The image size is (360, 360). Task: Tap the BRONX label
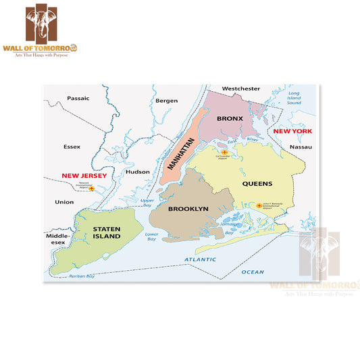(230, 118)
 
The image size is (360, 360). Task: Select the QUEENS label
(257, 183)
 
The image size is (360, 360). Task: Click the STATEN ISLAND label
(107, 233)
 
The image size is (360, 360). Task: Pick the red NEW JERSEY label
(85, 176)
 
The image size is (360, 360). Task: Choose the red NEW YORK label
(292, 130)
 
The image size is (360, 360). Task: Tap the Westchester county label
(241, 88)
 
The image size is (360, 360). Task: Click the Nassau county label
(301, 147)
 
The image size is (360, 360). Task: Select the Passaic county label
(78, 98)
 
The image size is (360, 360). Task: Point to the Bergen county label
(166, 101)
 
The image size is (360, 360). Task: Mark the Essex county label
(72, 146)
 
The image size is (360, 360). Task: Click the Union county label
(65, 202)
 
